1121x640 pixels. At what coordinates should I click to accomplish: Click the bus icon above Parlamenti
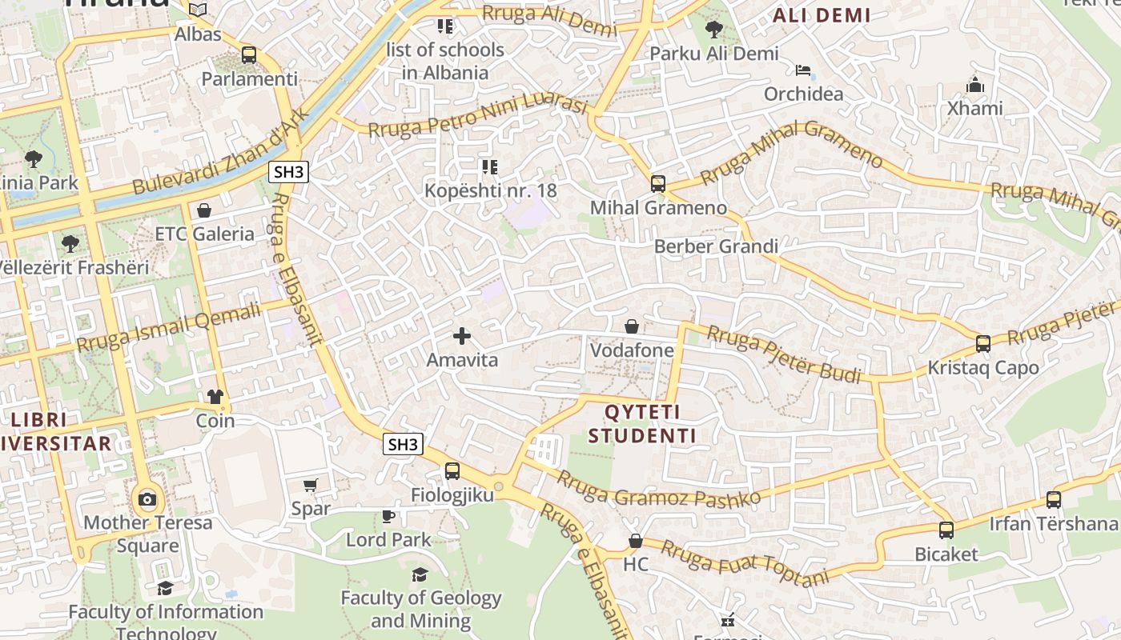point(249,55)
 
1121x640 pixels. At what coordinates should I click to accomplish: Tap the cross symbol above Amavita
point(462,336)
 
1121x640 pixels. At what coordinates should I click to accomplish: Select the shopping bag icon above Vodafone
point(632,326)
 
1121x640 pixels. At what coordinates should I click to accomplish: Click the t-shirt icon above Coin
point(215,396)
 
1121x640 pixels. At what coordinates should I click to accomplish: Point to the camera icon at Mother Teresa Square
point(147,500)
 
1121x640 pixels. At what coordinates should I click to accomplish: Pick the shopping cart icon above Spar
point(311,485)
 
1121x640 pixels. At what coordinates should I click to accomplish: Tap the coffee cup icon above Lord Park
point(388,516)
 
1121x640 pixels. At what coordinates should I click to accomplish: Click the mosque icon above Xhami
point(974,84)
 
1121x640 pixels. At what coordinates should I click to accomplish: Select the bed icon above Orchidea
point(803,70)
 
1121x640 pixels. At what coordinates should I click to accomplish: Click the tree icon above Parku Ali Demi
point(713,30)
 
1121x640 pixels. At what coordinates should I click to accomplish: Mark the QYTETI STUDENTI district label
point(642,424)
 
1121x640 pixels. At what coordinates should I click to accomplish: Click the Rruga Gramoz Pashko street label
point(658,489)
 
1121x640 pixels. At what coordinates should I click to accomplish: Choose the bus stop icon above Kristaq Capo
point(983,344)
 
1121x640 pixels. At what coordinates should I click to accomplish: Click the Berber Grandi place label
point(716,246)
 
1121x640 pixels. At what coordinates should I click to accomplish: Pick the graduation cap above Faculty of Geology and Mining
point(420,574)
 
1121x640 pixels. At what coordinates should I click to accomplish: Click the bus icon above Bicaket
point(946,530)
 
